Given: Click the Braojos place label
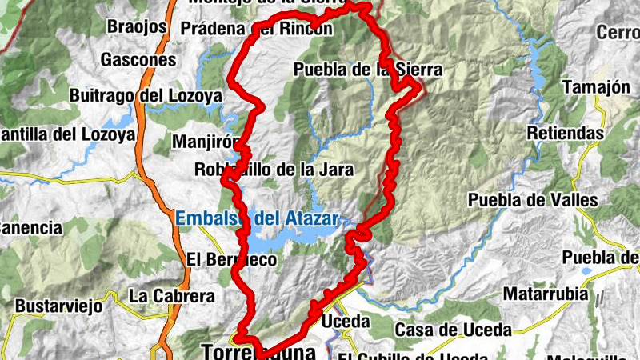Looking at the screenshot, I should tap(138, 26).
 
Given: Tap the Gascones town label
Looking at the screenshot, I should tap(138, 59).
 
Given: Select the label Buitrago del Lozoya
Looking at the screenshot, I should tap(146, 96).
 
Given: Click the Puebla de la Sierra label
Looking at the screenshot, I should tap(367, 70).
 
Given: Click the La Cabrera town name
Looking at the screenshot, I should tap(172, 296).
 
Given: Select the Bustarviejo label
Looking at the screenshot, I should tap(60, 306).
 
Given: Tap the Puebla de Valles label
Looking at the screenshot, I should tap(533, 199).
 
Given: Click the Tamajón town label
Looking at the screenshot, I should tap(597, 87).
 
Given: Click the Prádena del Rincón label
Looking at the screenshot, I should tap(257, 29).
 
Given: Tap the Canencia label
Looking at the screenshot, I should tap(30, 228).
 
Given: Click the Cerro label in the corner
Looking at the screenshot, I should tap(618, 33).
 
